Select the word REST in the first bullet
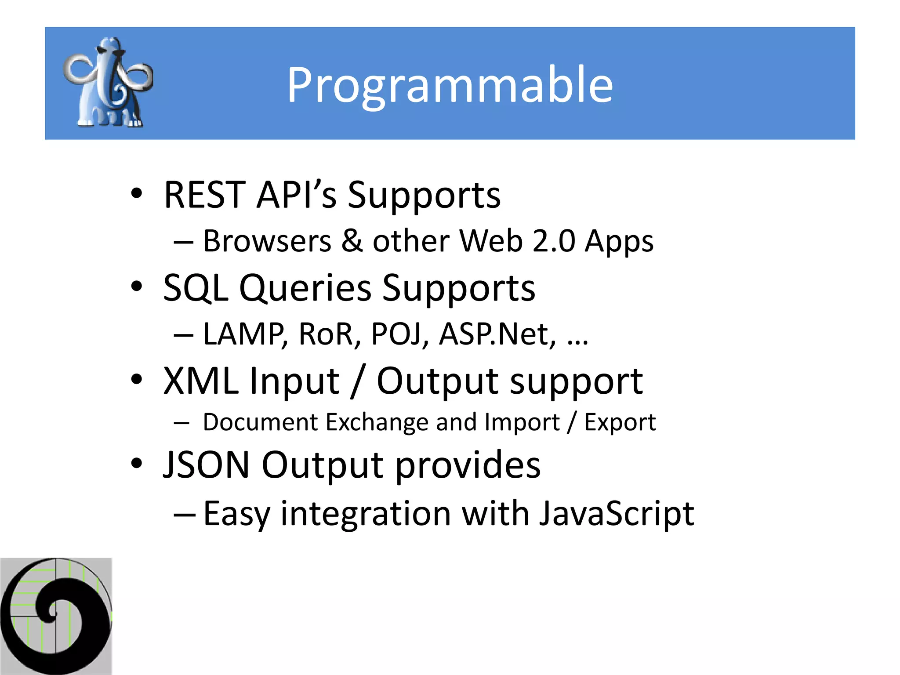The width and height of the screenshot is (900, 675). (x=204, y=195)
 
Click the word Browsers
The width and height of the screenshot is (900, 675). (x=267, y=241)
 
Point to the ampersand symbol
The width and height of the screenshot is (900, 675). (x=352, y=241)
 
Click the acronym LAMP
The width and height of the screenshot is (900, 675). (x=245, y=334)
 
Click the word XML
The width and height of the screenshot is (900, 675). (x=201, y=381)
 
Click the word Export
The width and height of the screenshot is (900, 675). (x=620, y=422)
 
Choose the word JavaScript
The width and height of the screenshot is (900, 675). (x=616, y=514)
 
